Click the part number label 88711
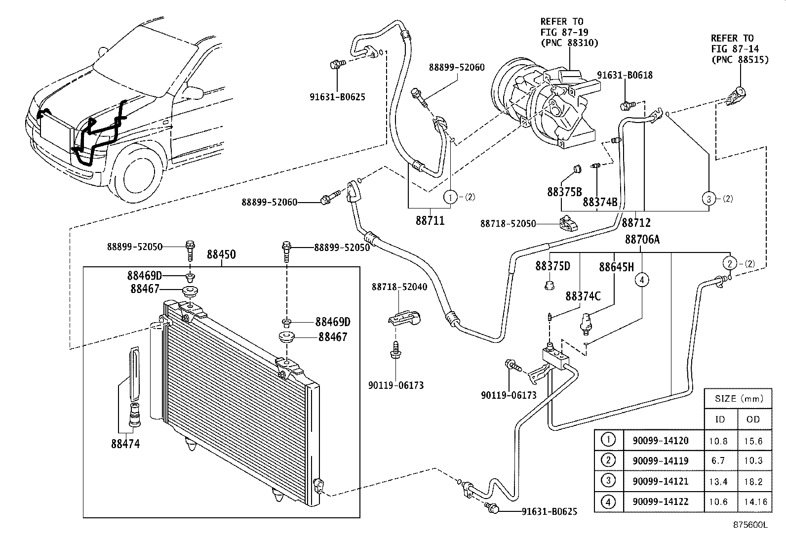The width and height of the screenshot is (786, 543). tap(430, 221)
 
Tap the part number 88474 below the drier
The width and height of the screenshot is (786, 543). tap(125, 444)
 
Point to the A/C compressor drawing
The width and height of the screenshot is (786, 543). tap(543, 106)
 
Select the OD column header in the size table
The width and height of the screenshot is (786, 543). tap(753, 419)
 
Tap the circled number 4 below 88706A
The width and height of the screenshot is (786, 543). tap(642, 280)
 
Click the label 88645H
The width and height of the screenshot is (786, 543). tap(616, 267)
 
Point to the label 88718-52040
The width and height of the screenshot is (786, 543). tap(399, 287)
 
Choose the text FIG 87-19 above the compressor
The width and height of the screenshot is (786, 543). tap(562, 32)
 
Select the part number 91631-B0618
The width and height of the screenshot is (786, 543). tap(625, 75)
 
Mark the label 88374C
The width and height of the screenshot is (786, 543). tap(583, 296)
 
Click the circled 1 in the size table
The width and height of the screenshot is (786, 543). tap(608, 439)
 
